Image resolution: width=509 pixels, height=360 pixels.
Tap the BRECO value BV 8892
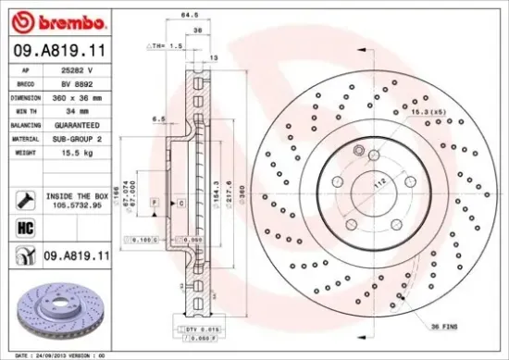[76, 83]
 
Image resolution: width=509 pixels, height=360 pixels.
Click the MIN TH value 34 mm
[76, 110]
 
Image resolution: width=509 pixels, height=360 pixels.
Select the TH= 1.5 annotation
[167, 43]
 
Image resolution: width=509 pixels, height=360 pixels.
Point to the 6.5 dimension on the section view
[158, 119]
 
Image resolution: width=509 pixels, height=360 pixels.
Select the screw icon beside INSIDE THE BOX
[25, 197]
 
